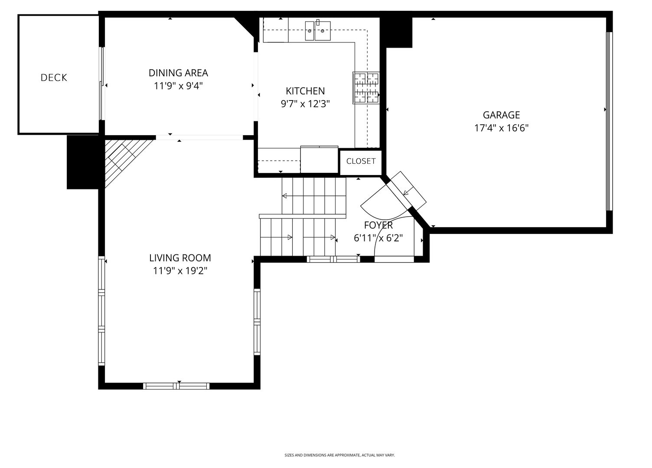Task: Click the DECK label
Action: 54,78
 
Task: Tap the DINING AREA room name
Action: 178,73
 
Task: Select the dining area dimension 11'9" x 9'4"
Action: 178,86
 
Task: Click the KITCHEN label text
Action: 305,91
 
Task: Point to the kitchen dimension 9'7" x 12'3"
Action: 305,104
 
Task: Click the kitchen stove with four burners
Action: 366,88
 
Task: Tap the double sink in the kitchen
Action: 317,31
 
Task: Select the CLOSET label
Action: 361,161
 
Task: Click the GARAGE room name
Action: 501,115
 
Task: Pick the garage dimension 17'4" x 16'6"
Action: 501,128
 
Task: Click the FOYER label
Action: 378,225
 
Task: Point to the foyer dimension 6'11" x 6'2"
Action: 378,238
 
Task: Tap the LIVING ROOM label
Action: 180,258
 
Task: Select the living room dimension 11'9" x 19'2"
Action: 180,271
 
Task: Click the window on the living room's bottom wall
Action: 176,386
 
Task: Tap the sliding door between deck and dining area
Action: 102,83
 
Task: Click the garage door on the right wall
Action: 609,121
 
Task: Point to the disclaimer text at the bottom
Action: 339,455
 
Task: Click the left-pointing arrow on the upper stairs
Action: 285,196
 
